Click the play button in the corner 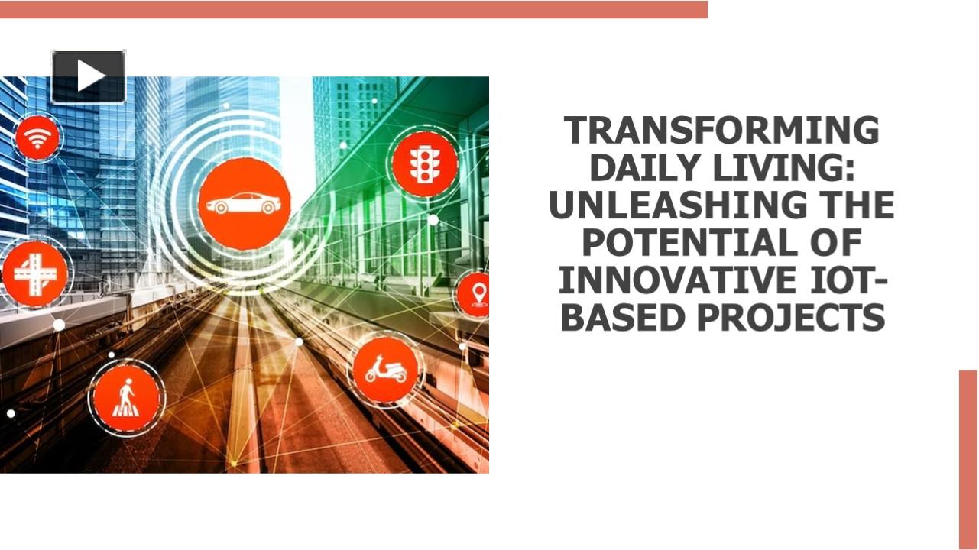tap(89, 76)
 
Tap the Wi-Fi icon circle tap(37, 138)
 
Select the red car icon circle tap(244, 203)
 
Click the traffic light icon tap(424, 164)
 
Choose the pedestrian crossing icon tap(126, 397)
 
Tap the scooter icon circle tap(385, 370)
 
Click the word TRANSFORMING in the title tap(721, 131)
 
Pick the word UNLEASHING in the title tap(671, 205)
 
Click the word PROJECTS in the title tap(790, 318)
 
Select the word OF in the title tap(836, 243)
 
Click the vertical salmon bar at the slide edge tap(968, 458)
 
